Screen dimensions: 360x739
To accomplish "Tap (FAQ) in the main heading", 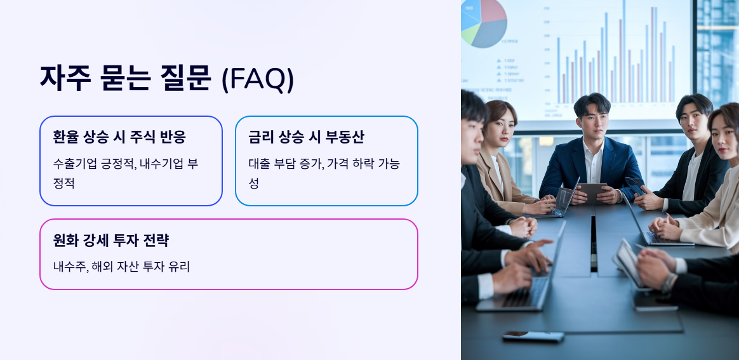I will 258,79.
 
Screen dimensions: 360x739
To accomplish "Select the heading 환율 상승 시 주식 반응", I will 119,137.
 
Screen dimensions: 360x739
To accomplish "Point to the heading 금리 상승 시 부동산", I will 306,137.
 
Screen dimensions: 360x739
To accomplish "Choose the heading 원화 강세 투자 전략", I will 111,240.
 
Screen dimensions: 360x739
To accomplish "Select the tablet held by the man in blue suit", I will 592,191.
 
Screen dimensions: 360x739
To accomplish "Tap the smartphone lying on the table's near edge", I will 533,336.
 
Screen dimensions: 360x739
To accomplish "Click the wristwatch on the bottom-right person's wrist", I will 669,282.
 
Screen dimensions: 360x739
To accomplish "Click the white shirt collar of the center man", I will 593,150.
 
